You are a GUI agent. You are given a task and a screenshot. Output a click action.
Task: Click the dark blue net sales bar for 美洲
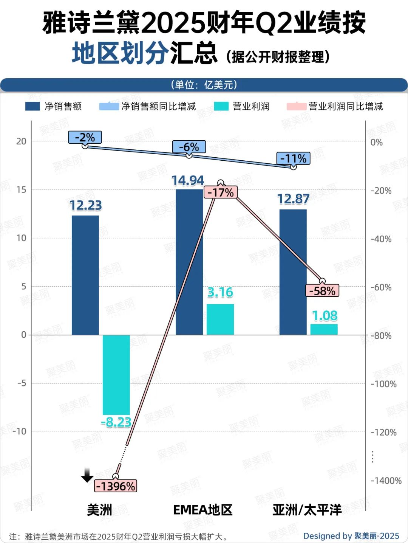(85, 275)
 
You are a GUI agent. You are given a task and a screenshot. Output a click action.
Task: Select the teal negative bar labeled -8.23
(116, 374)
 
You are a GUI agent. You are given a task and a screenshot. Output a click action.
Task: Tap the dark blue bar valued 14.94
(189, 262)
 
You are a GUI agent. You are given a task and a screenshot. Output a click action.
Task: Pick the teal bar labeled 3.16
(220, 319)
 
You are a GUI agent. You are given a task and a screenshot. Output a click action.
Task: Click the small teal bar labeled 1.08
(324, 329)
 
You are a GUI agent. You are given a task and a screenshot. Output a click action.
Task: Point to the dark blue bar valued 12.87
(293, 272)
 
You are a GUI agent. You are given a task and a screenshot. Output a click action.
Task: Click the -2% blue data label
(85, 137)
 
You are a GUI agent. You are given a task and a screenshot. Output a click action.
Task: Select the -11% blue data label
(293, 158)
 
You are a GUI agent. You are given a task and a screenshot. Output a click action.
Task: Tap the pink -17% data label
(221, 192)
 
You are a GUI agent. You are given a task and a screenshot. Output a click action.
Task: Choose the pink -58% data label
(322, 291)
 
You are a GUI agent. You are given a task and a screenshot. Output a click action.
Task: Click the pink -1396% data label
(116, 486)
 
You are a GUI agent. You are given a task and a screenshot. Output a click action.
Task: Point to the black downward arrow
(87, 475)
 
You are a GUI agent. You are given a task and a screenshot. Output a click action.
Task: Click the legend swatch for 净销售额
(32, 106)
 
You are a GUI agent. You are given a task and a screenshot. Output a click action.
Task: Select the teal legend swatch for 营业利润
(221, 106)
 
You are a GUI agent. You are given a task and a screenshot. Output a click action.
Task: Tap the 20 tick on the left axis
(21, 141)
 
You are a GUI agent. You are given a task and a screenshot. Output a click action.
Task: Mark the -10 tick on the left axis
(20, 431)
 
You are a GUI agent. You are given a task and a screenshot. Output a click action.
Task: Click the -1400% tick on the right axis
(386, 481)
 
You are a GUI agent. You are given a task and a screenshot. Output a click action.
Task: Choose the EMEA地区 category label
(203, 510)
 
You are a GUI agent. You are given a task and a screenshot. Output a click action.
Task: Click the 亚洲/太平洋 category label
(307, 510)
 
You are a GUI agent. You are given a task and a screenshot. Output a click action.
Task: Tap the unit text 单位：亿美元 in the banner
(204, 85)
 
